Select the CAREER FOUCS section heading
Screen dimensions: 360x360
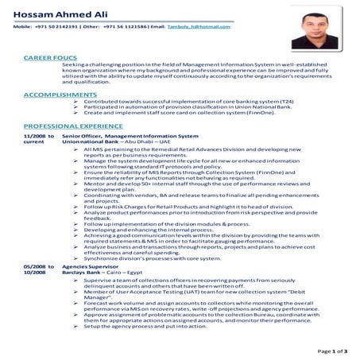pos(50,59)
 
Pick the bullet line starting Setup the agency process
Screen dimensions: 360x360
pos(145,326)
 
